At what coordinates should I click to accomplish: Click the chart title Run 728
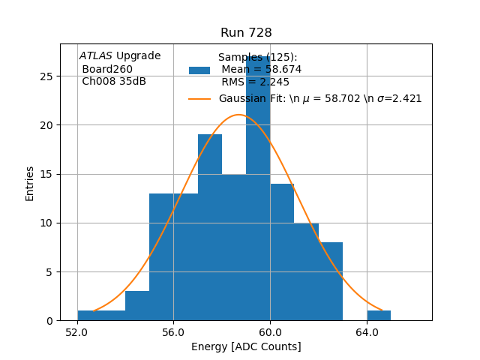pos(246,33)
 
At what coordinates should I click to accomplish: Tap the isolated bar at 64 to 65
pos(379,315)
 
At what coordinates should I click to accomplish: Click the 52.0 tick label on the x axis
pos(77,332)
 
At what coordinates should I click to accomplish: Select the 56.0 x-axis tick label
pos(173,332)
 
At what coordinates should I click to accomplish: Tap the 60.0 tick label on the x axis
pos(270,332)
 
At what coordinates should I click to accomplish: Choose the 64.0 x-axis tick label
pos(367,332)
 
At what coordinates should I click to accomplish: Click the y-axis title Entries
pos(30,182)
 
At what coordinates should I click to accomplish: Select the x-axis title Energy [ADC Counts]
pos(246,346)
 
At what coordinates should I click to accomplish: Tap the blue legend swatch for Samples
pos(199,70)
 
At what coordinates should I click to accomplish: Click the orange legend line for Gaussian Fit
pos(199,98)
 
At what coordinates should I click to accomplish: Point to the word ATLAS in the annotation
pos(95,56)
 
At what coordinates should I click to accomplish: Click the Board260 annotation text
pos(107,69)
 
